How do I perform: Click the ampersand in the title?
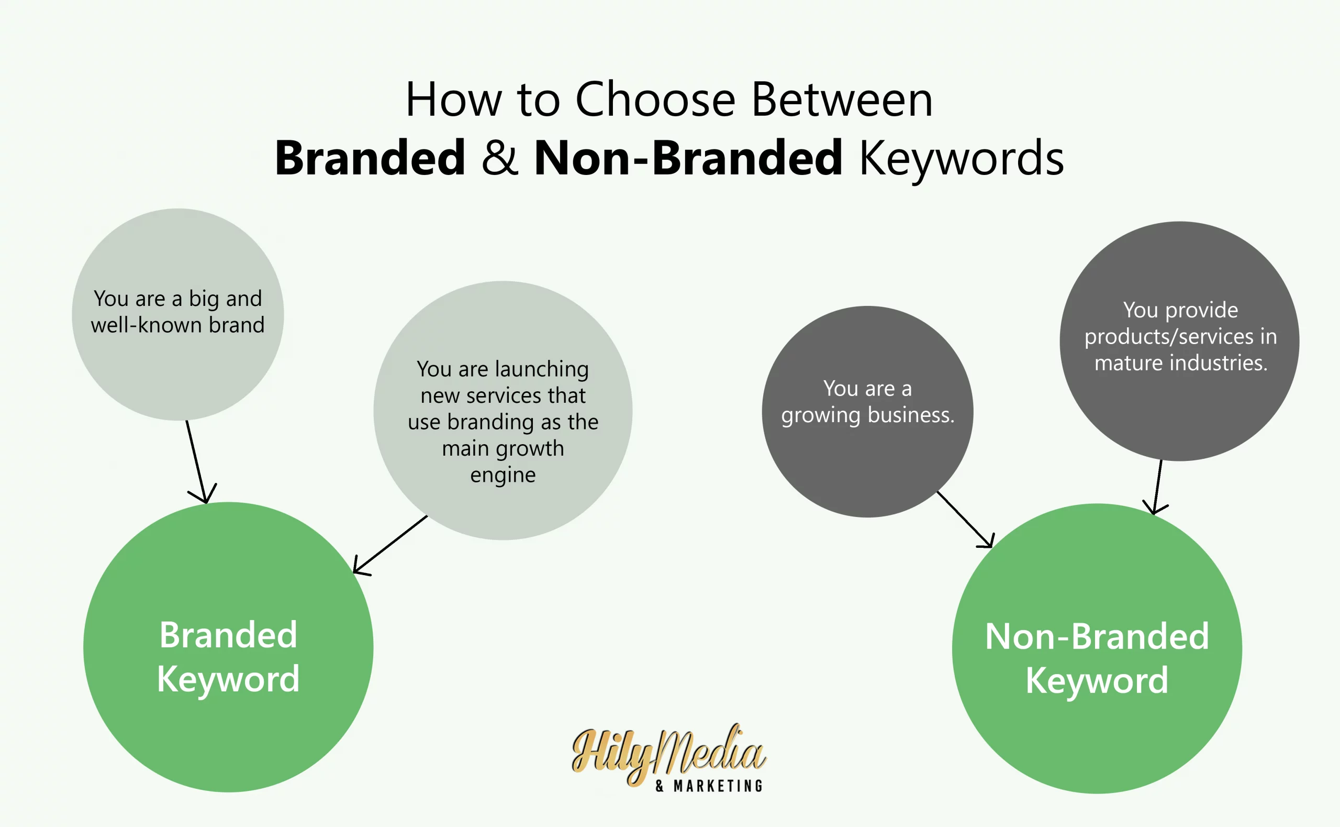point(499,158)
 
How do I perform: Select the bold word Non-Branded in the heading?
point(687,158)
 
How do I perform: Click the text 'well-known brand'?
point(177,325)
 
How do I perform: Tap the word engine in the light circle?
point(503,475)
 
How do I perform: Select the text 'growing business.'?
point(867,415)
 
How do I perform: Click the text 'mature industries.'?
point(1180,363)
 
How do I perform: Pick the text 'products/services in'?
point(1180,337)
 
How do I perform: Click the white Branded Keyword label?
point(228,657)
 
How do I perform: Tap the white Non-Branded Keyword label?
point(1097,658)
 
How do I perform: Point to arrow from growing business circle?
point(965,519)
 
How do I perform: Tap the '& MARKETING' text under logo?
point(709,787)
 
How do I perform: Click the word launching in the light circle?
point(542,370)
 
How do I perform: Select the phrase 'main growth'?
point(503,448)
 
